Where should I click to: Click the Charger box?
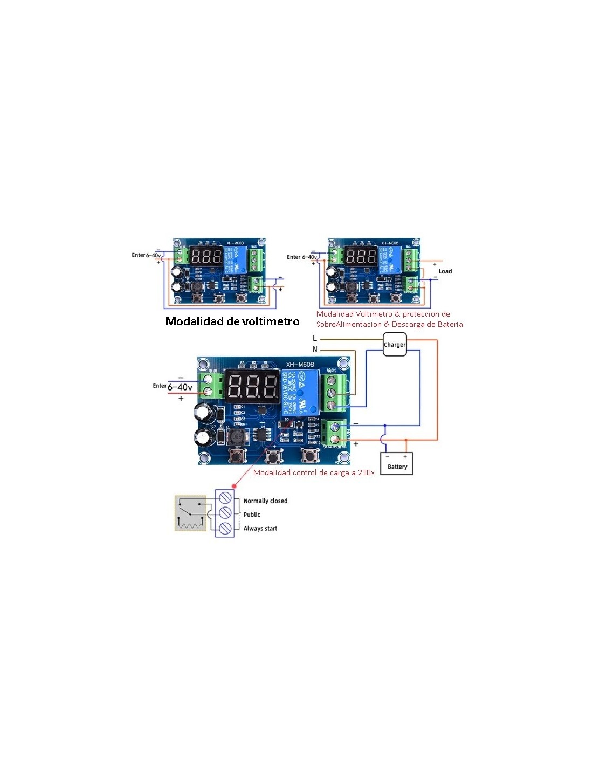pos(394,345)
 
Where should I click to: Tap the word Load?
pos(445,271)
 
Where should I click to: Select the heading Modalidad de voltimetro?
pos(232,321)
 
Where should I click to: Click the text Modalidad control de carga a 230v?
pos(313,472)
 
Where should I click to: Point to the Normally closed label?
pos(265,501)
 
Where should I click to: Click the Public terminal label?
pos(252,515)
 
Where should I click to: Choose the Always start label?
pos(260,529)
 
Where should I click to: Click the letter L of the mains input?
pos(315,339)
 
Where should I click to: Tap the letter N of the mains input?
pos(315,350)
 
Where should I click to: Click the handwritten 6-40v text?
pos(180,387)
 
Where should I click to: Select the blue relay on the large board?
pos(301,391)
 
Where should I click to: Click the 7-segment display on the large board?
pos(252,386)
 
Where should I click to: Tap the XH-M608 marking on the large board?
pos(300,364)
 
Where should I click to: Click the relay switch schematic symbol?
pos(190,513)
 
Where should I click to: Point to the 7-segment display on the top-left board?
pos(206,256)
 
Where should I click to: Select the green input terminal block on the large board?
pos(211,385)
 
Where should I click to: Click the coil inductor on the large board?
pos(236,436)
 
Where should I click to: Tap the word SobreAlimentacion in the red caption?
pos(348,324)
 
